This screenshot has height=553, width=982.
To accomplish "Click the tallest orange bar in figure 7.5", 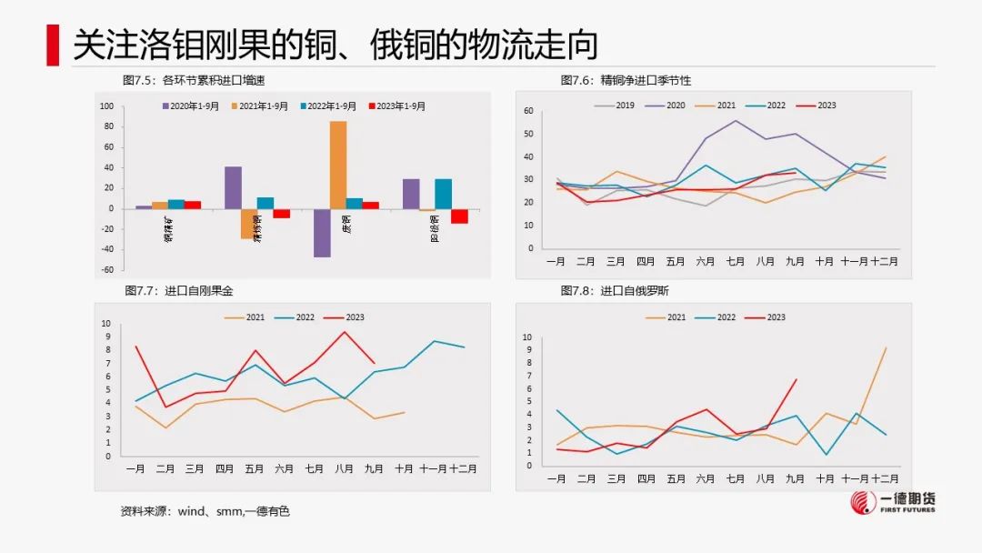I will [337, 165].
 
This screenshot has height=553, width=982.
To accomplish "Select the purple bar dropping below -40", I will [322, 233].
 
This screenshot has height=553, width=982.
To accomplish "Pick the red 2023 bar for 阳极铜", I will [459, 216].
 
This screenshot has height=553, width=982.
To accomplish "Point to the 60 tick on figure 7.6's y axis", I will [528, 111].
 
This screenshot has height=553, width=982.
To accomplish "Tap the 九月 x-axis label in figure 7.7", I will [373, 468].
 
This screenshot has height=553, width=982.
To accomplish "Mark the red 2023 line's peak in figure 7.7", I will [345, 332].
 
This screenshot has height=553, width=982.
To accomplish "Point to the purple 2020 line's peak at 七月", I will [735, 120].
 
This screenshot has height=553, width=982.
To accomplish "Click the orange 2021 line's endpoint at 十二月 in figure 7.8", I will [885, 348].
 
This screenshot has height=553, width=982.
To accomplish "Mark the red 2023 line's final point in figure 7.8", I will [796, 379].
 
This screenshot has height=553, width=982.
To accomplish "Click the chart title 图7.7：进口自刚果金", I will [178, 291].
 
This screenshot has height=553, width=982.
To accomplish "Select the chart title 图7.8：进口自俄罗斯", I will [615, 291].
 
